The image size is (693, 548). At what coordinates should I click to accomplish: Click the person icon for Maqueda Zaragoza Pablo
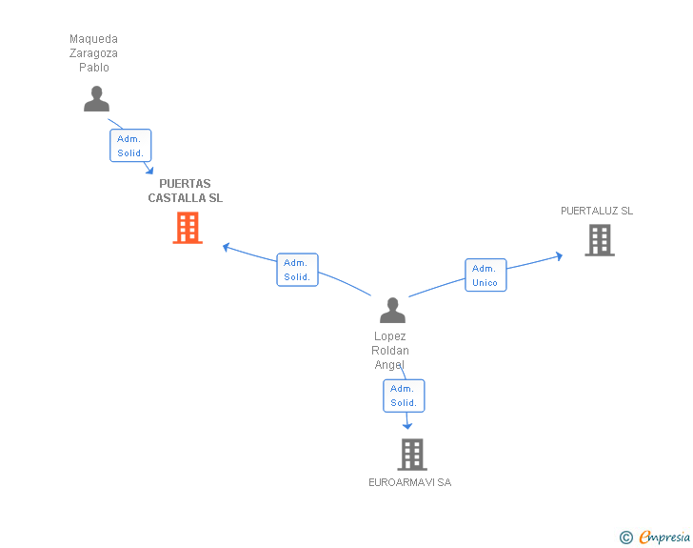point(96,99)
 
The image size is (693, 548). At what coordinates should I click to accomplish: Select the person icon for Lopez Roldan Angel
point(392,311)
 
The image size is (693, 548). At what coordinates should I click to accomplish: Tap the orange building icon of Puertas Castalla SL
point(188,228)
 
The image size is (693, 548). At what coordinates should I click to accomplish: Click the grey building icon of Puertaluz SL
point(599,240)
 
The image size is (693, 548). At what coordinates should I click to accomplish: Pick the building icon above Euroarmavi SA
point(411,455)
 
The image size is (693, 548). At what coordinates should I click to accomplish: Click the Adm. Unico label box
point(485,275)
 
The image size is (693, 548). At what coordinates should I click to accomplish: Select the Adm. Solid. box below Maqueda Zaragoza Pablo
point(130,146)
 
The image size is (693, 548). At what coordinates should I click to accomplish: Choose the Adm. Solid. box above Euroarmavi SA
point(404,396)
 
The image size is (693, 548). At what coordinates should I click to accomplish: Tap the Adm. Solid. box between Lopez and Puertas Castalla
point(297,270)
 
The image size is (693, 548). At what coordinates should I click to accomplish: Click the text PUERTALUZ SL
point(596,211)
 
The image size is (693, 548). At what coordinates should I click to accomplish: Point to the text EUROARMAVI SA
point(409,482)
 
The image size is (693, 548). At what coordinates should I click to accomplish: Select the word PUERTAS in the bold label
point(185,184)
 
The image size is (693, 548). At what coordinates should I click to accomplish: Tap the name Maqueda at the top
point(93,39)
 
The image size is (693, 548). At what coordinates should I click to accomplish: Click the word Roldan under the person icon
point(390,351)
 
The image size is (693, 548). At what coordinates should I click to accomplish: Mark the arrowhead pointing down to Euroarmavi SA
point(407,426)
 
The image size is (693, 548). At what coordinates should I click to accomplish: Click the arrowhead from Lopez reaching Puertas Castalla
point(227,247)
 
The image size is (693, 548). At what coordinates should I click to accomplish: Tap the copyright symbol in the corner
point(625,538)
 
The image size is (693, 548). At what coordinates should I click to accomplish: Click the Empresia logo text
point(664,537)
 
